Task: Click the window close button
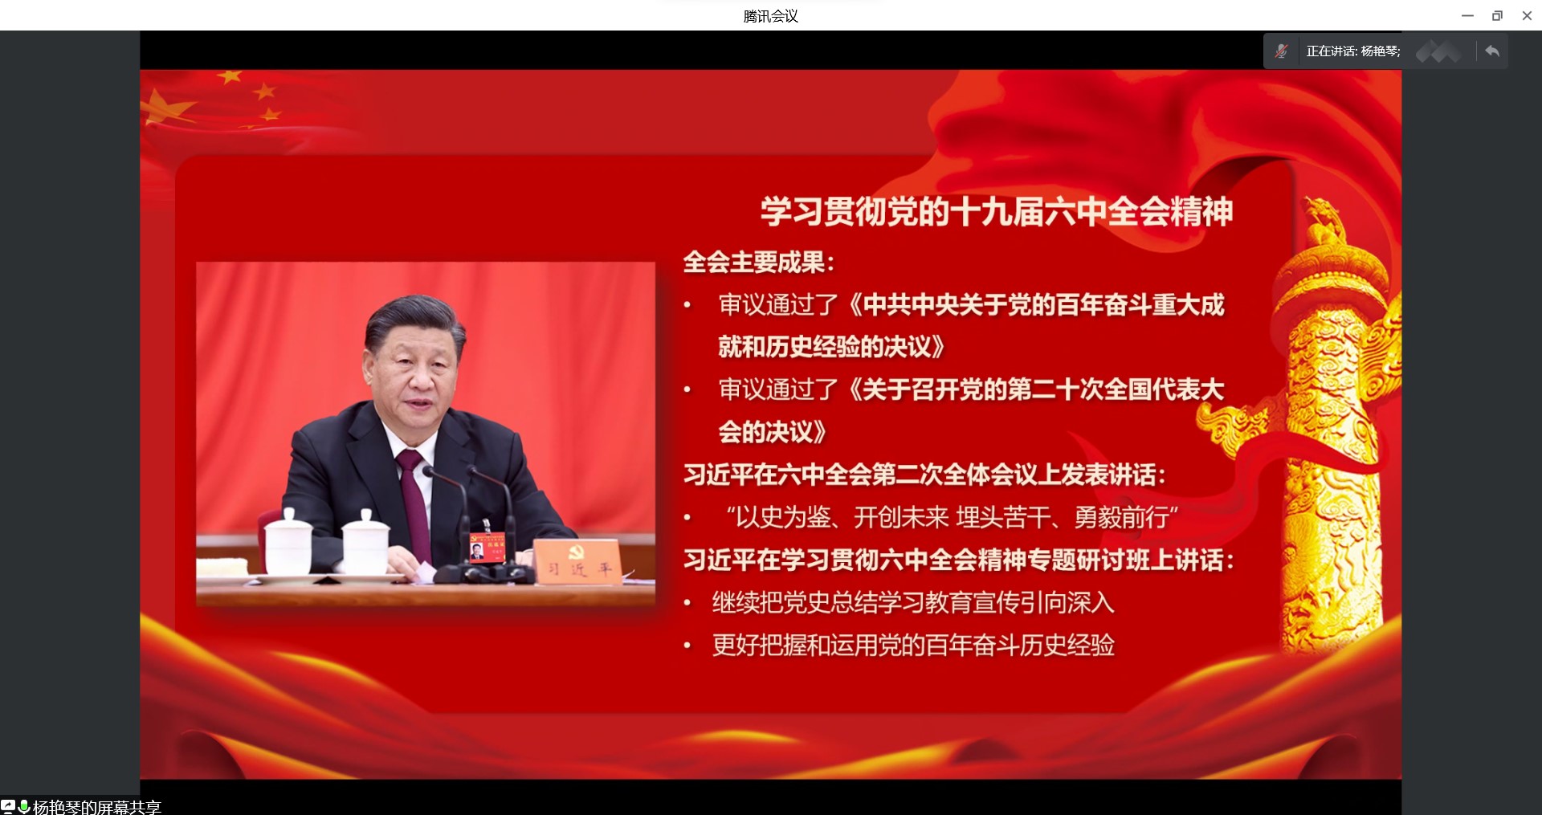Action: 1527,15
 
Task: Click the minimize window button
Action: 1467,15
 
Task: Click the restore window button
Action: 1497,15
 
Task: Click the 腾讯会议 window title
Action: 770,16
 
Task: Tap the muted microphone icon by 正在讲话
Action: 1282,51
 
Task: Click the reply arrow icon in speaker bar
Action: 1492,51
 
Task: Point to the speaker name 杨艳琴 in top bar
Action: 1379,51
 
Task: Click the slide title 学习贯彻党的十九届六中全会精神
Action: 997,211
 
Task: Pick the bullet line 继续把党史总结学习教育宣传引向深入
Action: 913,602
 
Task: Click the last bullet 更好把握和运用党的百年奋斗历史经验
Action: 913,645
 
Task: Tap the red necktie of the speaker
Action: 414,498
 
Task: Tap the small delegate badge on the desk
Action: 487,548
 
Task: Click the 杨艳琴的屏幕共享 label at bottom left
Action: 97,807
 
